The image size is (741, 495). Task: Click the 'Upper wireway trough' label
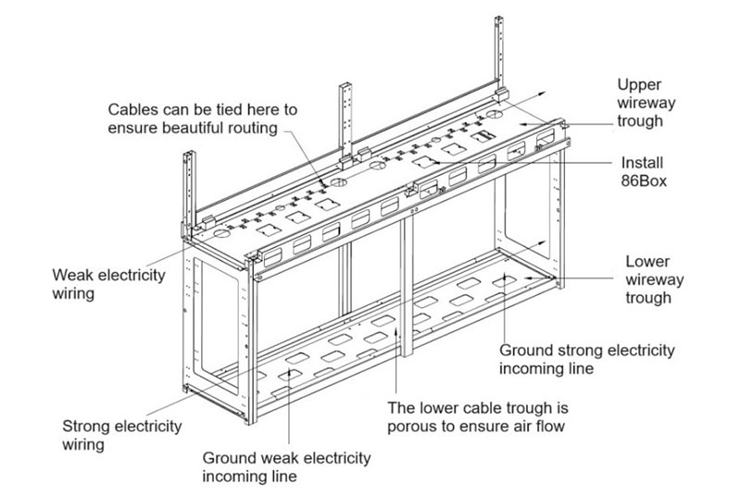[x=653, y=103]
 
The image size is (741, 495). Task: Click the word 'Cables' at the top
[x=132, y=109]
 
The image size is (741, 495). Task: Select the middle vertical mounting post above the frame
[x=348, y=120]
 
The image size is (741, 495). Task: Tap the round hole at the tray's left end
[x=222, y=238]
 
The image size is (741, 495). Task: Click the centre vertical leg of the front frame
[x=405, y=287]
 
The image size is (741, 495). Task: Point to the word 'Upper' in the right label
[x=639, y=85]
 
